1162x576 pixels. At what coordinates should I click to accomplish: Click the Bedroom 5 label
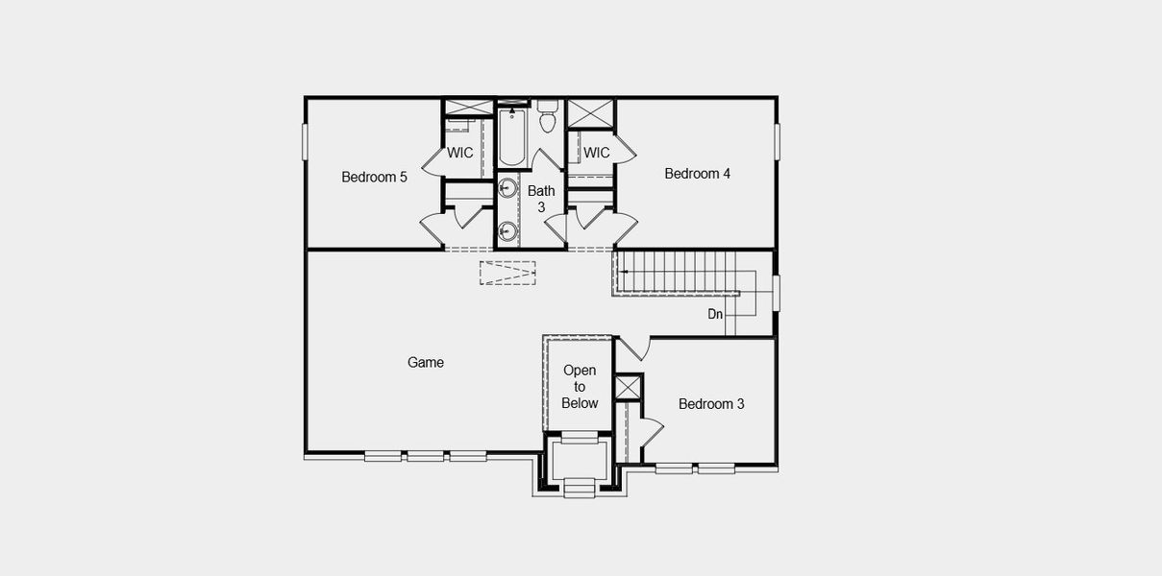coord(375,177)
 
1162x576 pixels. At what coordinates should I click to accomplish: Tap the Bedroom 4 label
coord(698,174)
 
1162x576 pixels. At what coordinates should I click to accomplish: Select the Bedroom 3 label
coord(711,404)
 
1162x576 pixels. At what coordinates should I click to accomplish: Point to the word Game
coord(426,362)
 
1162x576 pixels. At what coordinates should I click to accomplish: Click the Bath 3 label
coord(541,199)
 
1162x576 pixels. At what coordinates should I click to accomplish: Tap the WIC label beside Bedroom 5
coord(460,153)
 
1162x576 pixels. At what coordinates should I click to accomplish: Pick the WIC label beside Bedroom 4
coord(597,153)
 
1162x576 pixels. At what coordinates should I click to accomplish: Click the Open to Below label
coord(580,387)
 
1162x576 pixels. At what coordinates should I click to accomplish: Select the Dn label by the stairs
coord(715,314)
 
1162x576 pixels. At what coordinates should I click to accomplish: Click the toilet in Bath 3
coord(548,118)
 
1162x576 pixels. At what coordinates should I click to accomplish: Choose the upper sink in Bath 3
coord(507,188)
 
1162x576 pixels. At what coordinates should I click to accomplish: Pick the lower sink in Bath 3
coord(507,231)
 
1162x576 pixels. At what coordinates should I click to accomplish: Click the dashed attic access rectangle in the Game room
coord(507,273)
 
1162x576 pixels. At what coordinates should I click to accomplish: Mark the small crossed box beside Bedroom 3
coord(628,388)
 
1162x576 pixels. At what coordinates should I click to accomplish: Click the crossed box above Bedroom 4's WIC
coord(590,113)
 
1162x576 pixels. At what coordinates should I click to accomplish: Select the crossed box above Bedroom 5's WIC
coord(468,108)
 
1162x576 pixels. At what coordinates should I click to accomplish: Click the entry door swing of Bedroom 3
coord(633,348)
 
